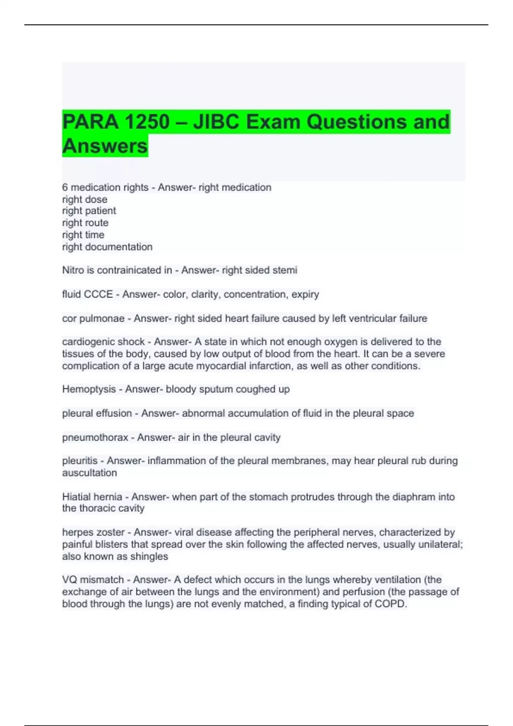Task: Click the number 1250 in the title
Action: click(147, 122)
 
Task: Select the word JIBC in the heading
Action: click(216, 122)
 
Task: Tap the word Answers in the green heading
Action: click(105, 146)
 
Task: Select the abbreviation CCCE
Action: click(98, 295)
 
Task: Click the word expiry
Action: click(305, 295)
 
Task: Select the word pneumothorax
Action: click(95, 438)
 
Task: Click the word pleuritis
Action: click(80, 461)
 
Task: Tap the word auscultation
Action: click(89, 473)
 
